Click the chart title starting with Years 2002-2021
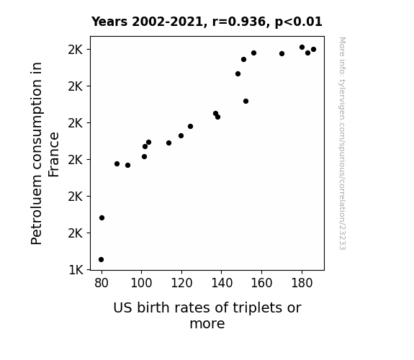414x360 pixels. click(x=207, y=22)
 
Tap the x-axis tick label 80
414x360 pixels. click(x=102, y=283)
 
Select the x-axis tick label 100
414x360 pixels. click(x=141, y=283)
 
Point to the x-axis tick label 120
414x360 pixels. click(x=181, y=283)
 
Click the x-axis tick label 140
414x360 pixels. click(x=222, y=283)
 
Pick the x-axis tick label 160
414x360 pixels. click(x=261, y=283)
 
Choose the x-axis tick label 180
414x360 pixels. click(x=302, y=283)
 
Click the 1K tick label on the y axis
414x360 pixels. click(x=76, y=270)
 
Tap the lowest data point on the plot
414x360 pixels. click(x=101, y=260)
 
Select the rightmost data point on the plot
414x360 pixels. click(x=313, y=50)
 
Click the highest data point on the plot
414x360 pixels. click(x=302, y=48)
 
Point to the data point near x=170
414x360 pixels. click(x=282, y=53)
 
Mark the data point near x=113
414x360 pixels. click(x=168, y=143)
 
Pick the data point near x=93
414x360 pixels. click(x=127, y=166)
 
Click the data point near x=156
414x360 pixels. click(x=253, y=53)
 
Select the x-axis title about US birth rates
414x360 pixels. click(x=207, y=315)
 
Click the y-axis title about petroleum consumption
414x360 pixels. click(x=45, y=153)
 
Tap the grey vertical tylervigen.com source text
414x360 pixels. click(x=342, y=143)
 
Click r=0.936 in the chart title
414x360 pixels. click(x=239, y=22)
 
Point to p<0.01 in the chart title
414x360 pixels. click(x=299, y=22)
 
